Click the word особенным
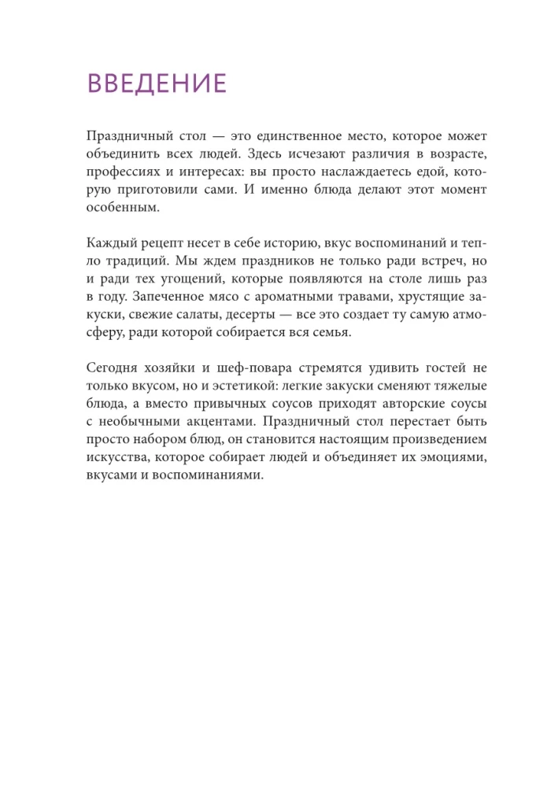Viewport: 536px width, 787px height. tap(122, 208)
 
